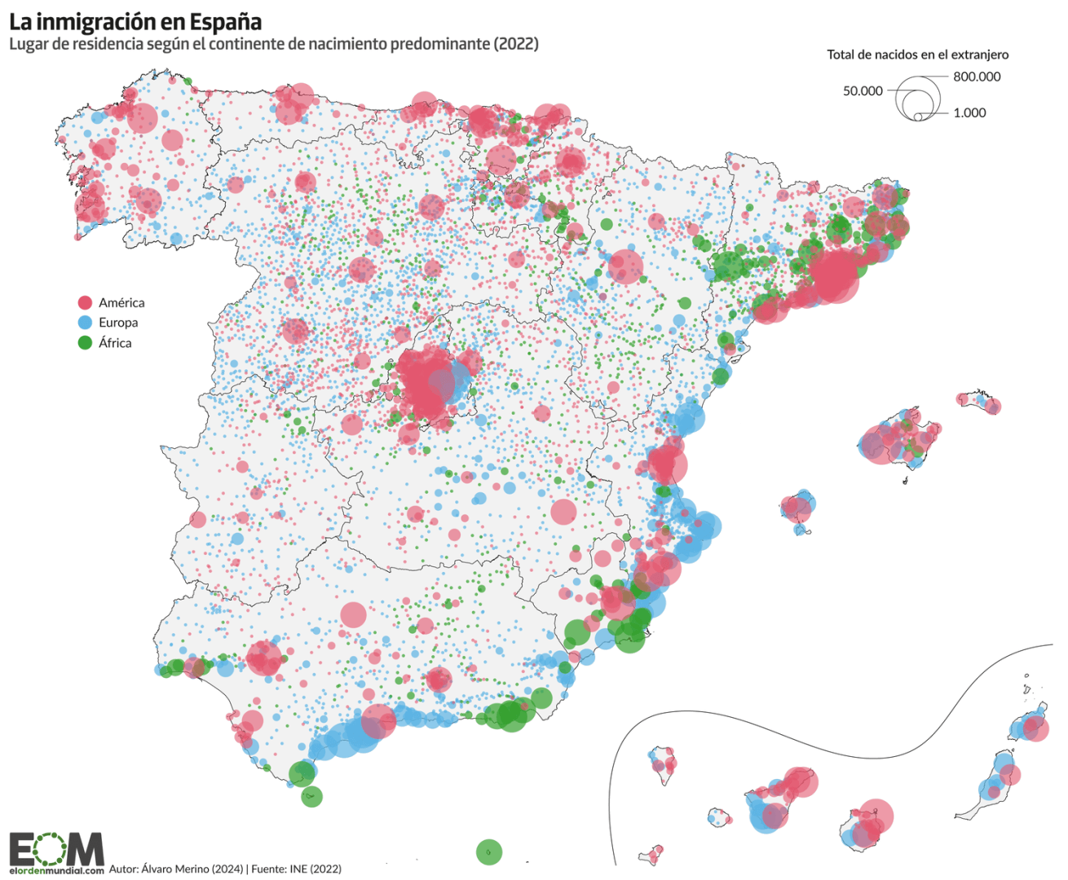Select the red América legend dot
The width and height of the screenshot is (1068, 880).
coord(85,302)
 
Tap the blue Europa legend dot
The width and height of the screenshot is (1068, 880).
coord(85,323)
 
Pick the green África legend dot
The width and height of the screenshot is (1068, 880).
coord(85,343)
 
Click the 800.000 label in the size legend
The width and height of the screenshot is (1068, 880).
coord(977,77)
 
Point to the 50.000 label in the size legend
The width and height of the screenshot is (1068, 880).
coord(863,90)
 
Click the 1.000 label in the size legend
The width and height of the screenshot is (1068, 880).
coord(969,112)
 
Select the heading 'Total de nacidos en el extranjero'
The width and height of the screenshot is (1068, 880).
coord(917,55)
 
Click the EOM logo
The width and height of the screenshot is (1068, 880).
coord(56,849)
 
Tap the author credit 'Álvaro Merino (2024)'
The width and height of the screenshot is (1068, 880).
coord(192,869)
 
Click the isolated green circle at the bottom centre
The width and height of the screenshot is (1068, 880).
coord(488,852)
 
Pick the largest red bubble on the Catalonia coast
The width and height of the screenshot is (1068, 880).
coord(833,275)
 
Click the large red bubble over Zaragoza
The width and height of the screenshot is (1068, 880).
coord(625,266)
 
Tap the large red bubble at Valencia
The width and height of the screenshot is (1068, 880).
coord(667,465)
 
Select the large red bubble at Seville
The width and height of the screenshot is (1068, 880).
coord(263,658)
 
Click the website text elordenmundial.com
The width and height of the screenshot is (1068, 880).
coord(56,870)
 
